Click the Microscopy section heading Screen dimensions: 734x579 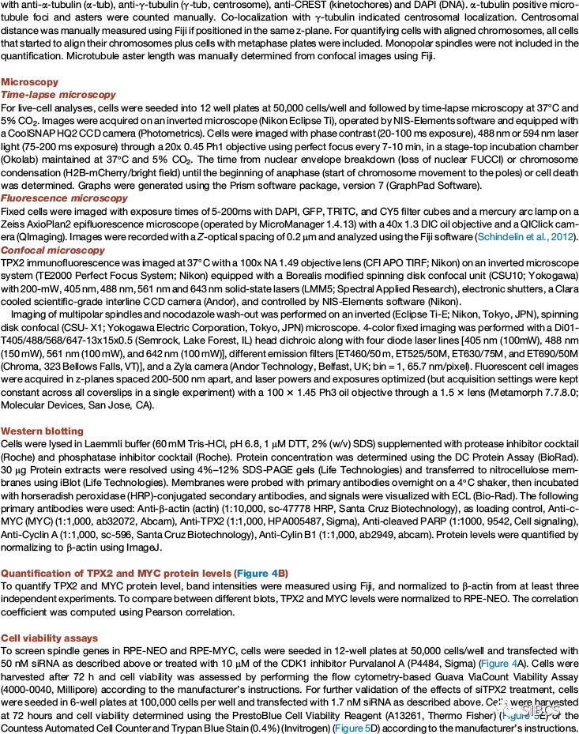29,81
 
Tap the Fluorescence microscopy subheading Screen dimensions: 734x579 62,198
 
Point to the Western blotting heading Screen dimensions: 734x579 42,431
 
